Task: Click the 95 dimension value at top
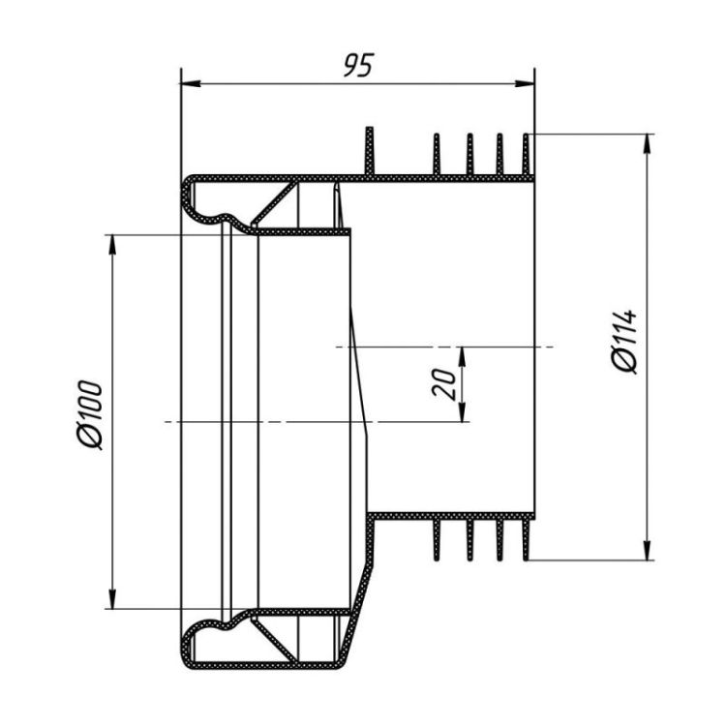pos(358,65)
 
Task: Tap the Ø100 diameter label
pos(89,415)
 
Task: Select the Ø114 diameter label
pos(624,341)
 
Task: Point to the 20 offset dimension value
pos(444,383)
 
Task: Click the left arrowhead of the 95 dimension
pos(191,84)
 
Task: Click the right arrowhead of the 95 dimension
pos(525,84)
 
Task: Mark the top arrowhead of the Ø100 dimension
pos(111,245)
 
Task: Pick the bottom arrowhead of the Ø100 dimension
pos(111,599)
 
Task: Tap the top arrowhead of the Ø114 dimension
pos(648,144)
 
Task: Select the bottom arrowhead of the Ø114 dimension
pos(648,551)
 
